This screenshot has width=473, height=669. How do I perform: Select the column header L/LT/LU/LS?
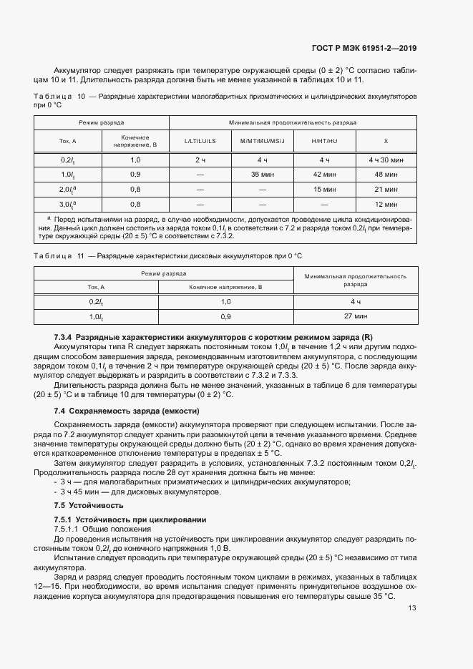point(200,141)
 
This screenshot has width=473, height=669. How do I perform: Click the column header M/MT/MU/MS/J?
point(263,141)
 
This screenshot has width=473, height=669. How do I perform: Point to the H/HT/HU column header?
point(324,141)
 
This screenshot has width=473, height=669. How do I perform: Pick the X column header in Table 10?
point(386,141)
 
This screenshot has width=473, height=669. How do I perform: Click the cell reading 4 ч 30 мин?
point(386,160)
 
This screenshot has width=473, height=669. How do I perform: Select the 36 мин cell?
point(263,174)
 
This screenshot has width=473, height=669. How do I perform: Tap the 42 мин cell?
point(324,174)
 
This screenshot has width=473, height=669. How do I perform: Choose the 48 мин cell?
point(386,174)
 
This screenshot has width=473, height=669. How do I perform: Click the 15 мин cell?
point(324,189)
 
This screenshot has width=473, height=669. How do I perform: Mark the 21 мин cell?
point(386,189)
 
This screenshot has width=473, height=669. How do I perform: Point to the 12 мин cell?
point(386,204)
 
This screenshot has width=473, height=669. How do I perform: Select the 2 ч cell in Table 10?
point(200,160)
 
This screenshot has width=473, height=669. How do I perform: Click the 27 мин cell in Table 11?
point(356,316)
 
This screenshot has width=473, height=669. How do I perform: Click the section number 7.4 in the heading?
point(60,411)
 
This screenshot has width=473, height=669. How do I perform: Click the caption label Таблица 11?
point(59,255)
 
